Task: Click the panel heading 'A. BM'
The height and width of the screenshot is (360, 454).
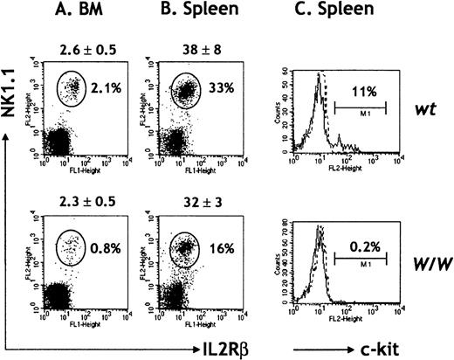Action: pos(81,14)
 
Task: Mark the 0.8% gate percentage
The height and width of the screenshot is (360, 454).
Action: pos(109,258)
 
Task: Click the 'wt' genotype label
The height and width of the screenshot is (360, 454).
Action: pos(427,102)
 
